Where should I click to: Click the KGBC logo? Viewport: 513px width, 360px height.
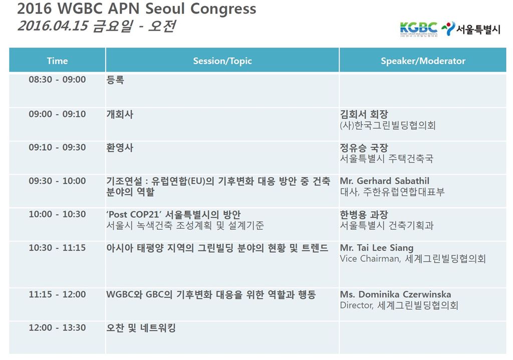coord(418,29)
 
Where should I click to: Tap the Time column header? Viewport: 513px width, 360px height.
coord(57,61)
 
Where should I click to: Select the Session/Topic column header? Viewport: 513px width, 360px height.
coord(222,61)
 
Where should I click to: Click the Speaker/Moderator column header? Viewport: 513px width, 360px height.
coord(423,61)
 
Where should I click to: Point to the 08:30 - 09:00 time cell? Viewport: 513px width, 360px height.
coord(57,80)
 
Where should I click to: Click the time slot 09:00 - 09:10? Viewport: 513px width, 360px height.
coord(57,114)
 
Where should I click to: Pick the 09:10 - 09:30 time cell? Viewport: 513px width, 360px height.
coord(57,148)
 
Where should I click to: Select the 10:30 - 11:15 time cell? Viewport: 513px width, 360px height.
coord(57,248)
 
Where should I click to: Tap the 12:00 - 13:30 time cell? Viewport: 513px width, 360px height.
coord(57,327)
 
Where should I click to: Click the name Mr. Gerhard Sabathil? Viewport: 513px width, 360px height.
coord(385,181)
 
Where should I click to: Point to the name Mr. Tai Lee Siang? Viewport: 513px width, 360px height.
coord(377,248)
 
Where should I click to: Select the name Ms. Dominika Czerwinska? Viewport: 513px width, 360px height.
coord(396,294)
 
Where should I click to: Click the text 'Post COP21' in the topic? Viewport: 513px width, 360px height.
coord(134,214)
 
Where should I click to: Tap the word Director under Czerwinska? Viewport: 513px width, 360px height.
coord(356,306)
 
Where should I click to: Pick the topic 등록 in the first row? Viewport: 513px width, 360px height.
coord(115,80)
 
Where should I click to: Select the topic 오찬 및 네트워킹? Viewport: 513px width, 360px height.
coord(141,328)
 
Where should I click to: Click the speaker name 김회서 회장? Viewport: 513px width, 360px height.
coord(364,115)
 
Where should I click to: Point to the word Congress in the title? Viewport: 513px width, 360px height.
coord(223,9)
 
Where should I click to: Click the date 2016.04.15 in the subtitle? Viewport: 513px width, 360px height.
coord(53,26)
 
